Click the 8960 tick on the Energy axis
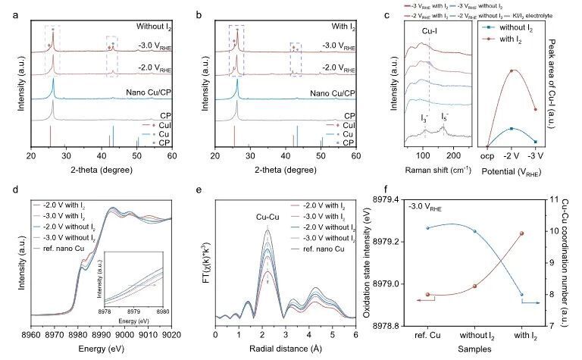coord(32,333)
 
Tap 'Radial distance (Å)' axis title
coord(286,348)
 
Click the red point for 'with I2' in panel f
coord(520,233)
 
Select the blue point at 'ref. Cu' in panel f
coord(427,227)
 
